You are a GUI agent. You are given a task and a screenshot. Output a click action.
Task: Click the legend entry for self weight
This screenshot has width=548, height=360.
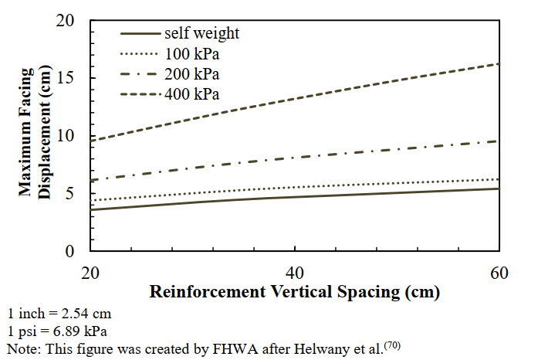(x=201, y=33)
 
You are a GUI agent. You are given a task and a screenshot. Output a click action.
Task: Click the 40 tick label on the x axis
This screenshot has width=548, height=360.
(x=296, y=273)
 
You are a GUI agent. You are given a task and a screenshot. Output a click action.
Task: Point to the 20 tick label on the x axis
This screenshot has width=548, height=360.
(x=91, y=273)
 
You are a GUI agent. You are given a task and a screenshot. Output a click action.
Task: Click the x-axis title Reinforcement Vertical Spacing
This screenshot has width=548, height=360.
(x=295, y=293)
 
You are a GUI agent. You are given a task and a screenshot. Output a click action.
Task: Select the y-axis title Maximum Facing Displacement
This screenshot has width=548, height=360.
(x=34, y=136)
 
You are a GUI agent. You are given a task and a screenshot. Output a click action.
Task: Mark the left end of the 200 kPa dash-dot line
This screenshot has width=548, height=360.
(x=92, y=180)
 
